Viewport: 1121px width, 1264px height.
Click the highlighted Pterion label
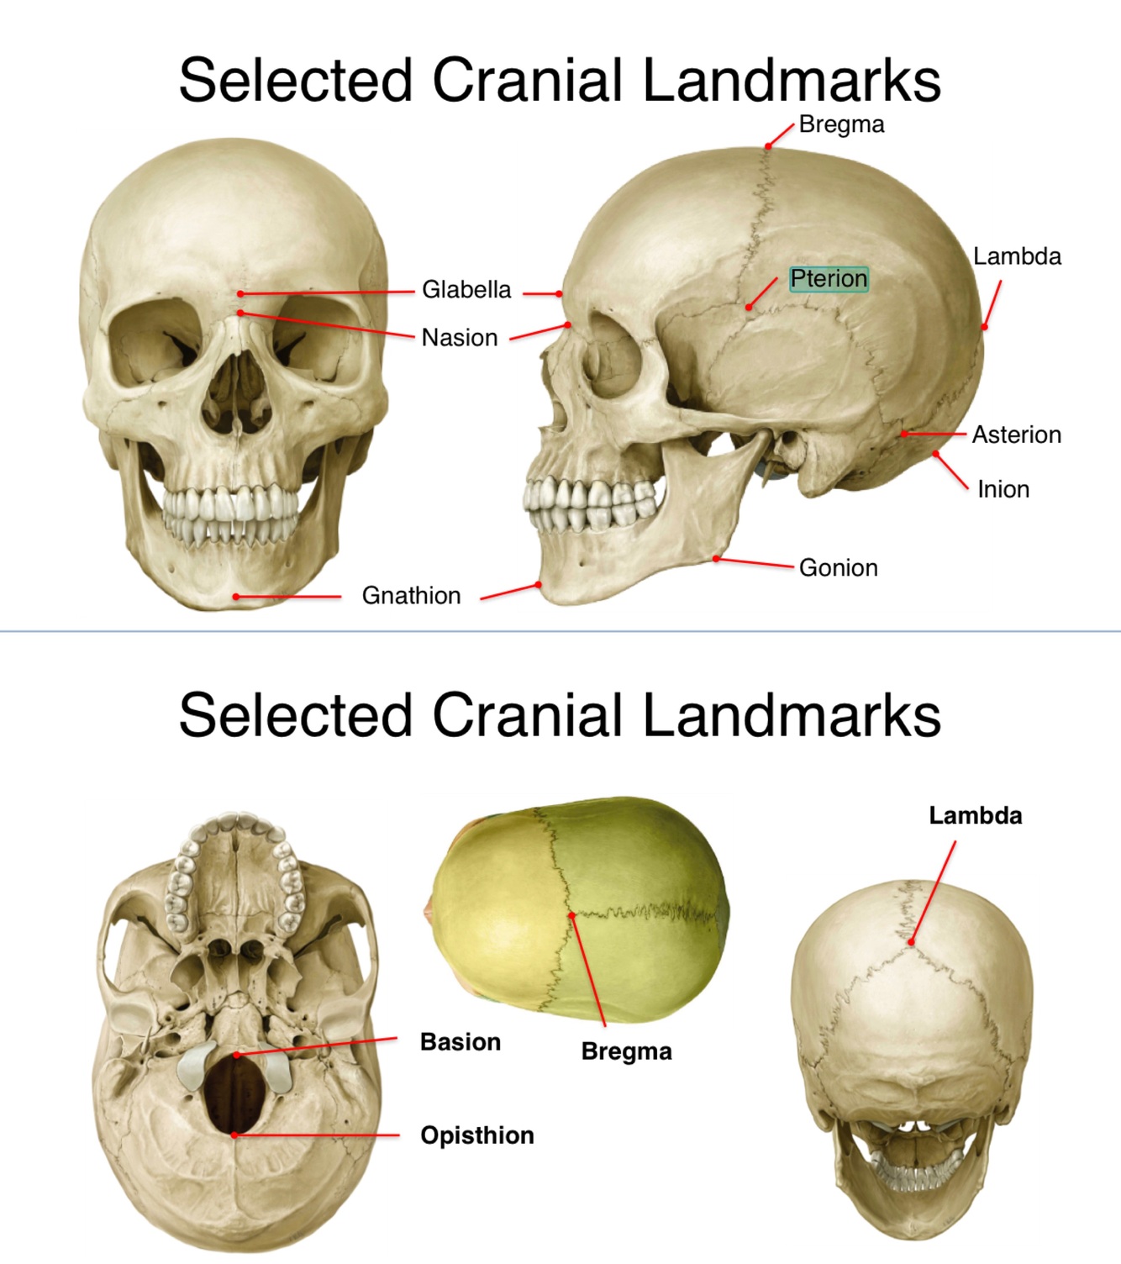(829, 278)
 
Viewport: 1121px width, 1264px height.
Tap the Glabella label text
(466, 290)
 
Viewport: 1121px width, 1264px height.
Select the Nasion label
(460, 338)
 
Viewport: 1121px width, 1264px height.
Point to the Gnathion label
(411, 596)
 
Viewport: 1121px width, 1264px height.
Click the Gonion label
(838, 568)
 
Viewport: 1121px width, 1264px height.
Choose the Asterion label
(1016, 435)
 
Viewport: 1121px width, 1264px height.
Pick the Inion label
(1003, 489)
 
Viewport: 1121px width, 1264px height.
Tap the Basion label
(460, 1042)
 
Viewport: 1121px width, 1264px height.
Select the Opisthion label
(476, 1135)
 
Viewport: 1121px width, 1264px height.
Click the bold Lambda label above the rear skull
(975, 816)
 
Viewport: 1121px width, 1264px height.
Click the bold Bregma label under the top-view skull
(626, 1051)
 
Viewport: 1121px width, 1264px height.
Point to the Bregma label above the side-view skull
(841, 125)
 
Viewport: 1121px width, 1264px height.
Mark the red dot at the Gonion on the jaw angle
(716, 558)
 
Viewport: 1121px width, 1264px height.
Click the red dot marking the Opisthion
(234, 1135)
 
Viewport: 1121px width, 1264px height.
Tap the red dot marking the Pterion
(749, 308)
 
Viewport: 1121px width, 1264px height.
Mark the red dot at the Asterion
(904, 434)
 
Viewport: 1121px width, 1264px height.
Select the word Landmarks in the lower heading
(792, 715)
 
